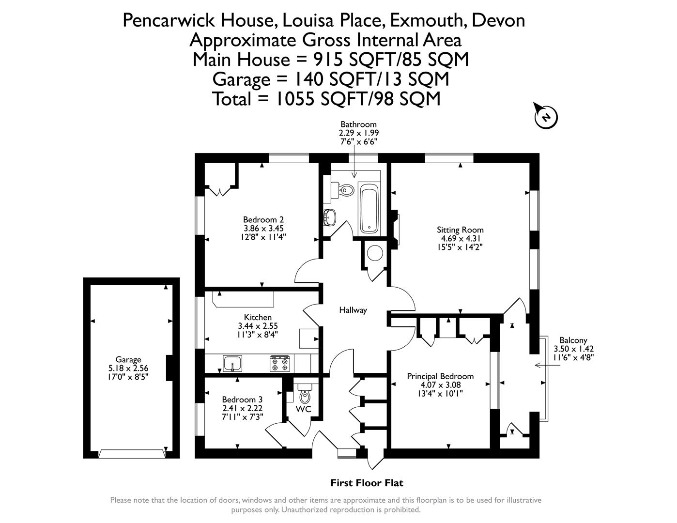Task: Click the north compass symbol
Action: pyautogui.click(x=546, y=116)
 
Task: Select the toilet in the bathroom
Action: pyautogui.click(x=344, y=190)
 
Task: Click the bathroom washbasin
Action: pyautogui.click(x=330, y=217)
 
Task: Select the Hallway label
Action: pyautogui.click(x=353, y=310)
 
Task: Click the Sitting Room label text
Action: pyautogui.click(x=460, y=230)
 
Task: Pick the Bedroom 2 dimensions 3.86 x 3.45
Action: pyautogui.click(x=263, y=228)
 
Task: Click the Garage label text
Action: pyautogui.click(x=128, y=359)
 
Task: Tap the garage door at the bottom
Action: pyautogui.click(x=132, y=454)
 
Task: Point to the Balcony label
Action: pyautogui.click(x=573, y=340)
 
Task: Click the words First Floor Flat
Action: pyautogui.click(x=367, y=483)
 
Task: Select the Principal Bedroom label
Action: pyautogui.click(x=440, y=376)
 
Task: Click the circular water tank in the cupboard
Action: pyautogui.click(x=375, y=253)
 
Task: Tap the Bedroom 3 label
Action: pyautogui.click(x=242, y=400)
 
